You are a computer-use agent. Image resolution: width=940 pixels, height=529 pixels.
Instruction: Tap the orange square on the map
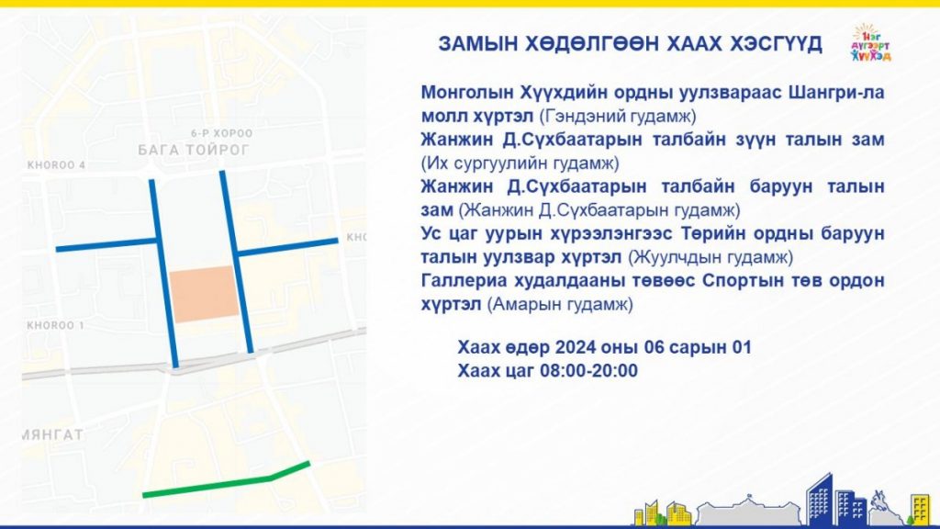coord(204,294)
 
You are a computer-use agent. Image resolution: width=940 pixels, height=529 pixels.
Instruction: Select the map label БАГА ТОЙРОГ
coord(193,150)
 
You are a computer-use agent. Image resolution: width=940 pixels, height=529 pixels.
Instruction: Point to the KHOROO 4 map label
coord(56,165)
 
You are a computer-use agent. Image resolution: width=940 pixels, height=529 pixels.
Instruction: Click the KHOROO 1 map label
coord(56,325)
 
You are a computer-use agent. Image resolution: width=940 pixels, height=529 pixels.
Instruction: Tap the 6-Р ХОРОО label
coord(222,133)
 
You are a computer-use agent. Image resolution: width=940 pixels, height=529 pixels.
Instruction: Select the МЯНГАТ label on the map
coord(52,434)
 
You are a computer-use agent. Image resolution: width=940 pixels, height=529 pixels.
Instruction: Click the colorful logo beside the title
coord(870,42)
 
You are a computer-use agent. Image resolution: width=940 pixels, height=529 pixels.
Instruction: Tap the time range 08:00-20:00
coord(588,371)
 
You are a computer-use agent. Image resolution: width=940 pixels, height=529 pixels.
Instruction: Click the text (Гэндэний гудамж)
coord(618,116)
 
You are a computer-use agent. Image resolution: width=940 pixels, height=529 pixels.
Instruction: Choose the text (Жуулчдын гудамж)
coord(711,257)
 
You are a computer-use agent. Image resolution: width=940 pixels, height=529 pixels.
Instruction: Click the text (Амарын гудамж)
coord(560,305)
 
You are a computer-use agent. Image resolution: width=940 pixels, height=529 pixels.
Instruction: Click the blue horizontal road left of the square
coord(106,244)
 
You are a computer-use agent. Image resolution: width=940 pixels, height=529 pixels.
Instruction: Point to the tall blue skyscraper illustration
coord(819,500)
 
